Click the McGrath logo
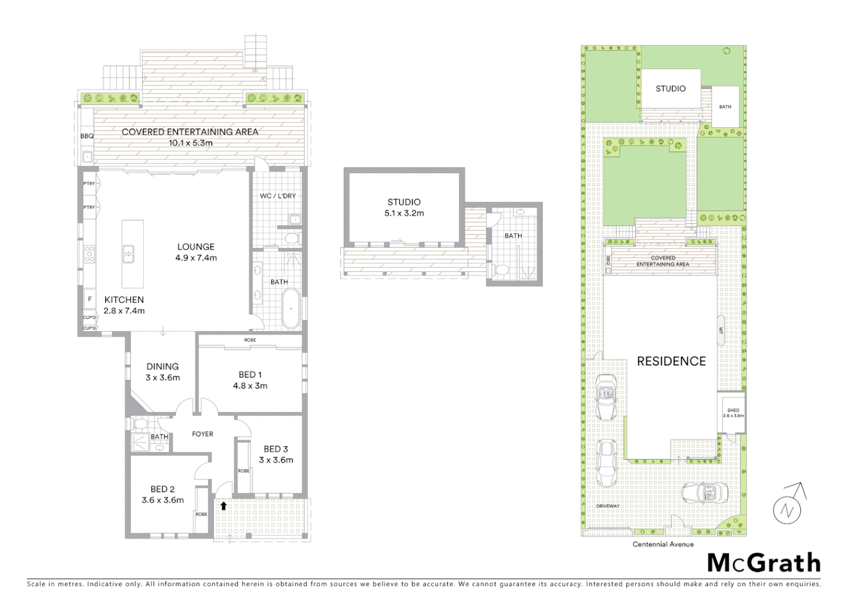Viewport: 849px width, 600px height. [763, 563]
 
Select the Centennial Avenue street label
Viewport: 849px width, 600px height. [663, 544]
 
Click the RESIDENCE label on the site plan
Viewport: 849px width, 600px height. [671, 362]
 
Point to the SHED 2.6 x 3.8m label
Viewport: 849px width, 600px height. [733, 413]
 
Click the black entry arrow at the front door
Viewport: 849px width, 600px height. [223, 506]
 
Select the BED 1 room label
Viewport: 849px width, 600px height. [250, 380]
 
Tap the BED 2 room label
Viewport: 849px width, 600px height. [162, 494]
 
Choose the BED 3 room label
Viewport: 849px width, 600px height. [276, 454]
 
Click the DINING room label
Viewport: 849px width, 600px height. [162, 372]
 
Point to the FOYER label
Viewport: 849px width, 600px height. [202, 434]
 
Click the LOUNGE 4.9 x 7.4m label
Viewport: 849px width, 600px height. [196, 252]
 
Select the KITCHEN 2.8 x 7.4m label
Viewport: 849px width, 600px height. [124, 305]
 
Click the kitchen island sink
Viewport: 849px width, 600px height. [128, 254]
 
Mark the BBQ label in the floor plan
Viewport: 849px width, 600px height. [87, 136]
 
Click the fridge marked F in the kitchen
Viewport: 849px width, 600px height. [89, 299]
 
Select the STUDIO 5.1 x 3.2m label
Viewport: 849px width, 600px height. [404, 207]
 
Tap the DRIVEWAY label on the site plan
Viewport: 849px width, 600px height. [608, 506]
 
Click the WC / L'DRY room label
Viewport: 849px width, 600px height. [278, 196]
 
